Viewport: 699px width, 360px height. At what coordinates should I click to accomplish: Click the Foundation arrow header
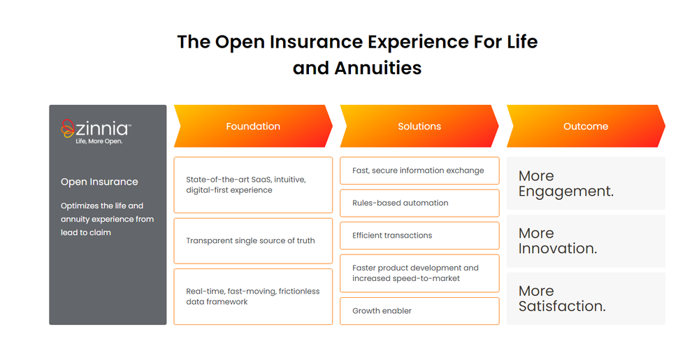pyautogui.click(x=253, y=126)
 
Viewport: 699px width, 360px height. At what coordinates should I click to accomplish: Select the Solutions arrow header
pyautogui.click(x=419, y=126)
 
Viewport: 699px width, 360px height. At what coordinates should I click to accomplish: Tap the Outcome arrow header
pyautogui.click(x=586, y=126)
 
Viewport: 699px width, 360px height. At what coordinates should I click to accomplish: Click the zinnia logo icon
pyautogui.click(x=67, y=129)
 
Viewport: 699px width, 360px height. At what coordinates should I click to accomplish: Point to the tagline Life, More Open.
pyautogui.click(x=99, y=141)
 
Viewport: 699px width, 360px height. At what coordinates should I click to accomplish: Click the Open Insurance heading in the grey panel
pyautogui.click(x=99, y=182)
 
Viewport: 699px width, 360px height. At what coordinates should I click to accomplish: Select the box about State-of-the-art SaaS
pyautogui.click(x=253, y=185)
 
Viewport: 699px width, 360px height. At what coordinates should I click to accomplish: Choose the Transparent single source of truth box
pyautogui.click(x=253, y=241)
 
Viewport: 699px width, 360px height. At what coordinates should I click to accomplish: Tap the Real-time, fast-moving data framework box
pyautogui.click(x=253, y=296)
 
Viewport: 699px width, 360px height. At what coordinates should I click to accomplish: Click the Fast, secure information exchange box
pyautogui.click(x=419, y=171)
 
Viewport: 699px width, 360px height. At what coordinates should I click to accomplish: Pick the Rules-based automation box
pyautogui.click(x=419, y=203)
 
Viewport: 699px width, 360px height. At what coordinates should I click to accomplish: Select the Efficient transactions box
pyautogui.click(x=419, y=236)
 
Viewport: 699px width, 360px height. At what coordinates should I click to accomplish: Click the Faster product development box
pyautogui.click(x=419, y=273)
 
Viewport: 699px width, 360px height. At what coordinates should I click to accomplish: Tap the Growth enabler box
pyautogui.click(x=419, y=311)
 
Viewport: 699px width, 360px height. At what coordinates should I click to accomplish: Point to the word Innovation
pyautogui.click(x=556, y=249)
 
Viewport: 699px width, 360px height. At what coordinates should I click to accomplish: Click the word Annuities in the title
pyautogui.click(x=378, y=69)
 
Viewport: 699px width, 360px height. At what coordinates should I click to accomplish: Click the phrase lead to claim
pyautogui.click(x=86, y=233)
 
